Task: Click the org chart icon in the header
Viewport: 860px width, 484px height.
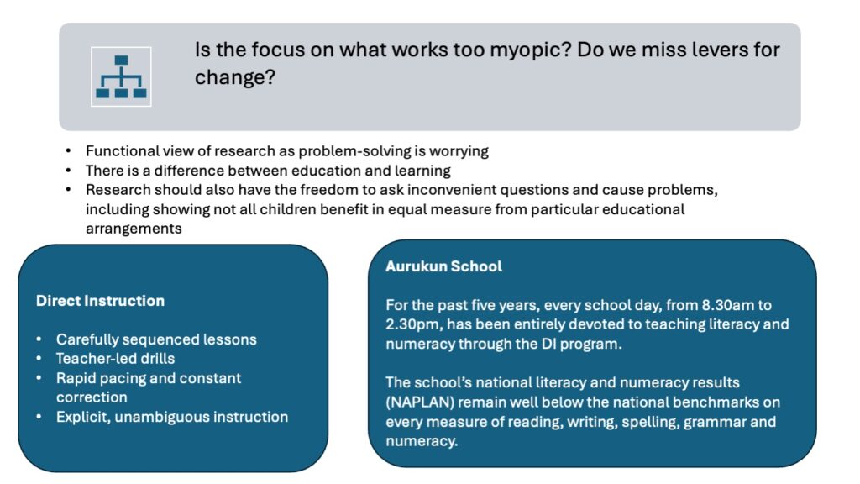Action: [x=121, y=76]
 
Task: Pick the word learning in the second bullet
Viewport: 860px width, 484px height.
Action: [x=422, y=171]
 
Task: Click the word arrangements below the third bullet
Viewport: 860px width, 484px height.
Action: [x=134, y=229]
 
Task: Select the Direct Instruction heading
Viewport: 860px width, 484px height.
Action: [x=101, y=301]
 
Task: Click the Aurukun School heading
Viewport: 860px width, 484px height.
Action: [x=443, y=266]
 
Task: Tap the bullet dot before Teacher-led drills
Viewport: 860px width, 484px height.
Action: [x=39, y=359]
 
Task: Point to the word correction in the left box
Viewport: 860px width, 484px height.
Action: [x=92, y=397]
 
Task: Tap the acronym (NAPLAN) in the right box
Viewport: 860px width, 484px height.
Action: [x=420, y=402]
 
